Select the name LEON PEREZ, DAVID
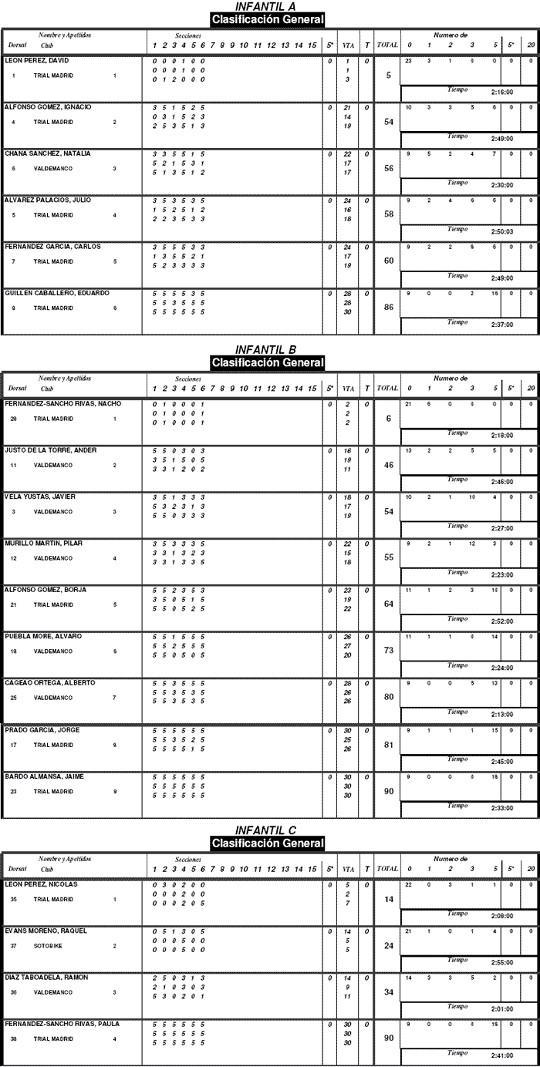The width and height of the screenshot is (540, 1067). [x=37, y=60]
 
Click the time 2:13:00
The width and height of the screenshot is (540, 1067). [x=501, y=714]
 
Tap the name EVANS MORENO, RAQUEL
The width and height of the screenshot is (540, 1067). [x=46, y=931]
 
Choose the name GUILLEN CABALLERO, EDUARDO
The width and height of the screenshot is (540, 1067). [x=57, y=293]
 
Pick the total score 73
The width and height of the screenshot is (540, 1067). [x=389, y=651]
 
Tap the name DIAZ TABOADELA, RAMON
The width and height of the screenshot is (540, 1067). [x=46, y=977]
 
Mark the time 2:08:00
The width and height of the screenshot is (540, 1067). [x=501, y=915]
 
